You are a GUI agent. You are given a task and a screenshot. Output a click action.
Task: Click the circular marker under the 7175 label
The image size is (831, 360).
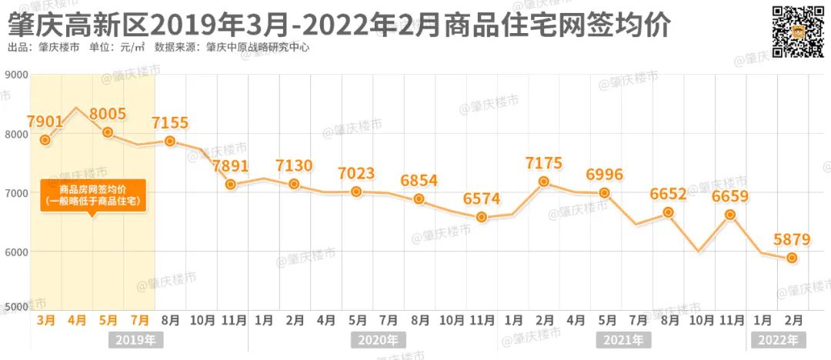544,182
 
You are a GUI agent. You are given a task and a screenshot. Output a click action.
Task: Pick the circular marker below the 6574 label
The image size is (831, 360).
482,217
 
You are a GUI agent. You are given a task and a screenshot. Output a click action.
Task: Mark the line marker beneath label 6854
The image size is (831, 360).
419,199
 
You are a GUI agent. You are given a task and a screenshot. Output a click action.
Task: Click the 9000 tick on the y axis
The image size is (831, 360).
16,75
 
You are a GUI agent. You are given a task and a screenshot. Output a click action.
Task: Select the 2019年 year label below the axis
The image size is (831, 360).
135,339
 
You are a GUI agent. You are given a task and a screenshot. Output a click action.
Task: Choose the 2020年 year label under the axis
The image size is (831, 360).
378,339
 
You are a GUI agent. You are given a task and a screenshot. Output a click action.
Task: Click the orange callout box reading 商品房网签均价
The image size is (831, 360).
93,195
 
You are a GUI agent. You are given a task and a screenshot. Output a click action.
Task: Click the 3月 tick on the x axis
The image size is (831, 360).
45,319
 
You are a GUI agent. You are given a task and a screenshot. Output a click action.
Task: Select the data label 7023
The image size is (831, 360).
356,173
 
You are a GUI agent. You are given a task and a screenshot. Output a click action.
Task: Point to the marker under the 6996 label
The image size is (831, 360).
605,193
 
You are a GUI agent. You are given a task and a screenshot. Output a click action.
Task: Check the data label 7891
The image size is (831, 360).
232,167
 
